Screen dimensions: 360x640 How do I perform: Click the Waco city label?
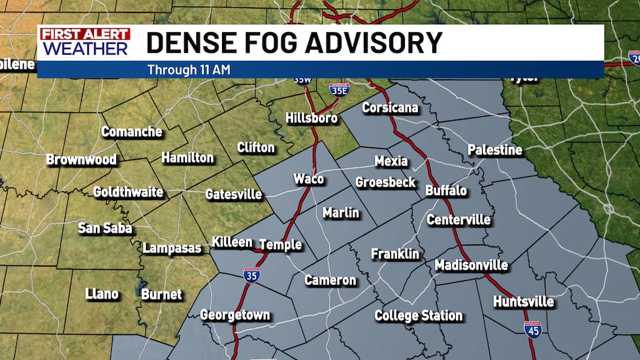coord(309,179)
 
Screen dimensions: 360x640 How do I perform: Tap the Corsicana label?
coord(390,108)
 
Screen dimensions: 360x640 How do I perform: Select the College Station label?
coord(418,316)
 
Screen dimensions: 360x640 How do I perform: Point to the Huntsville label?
coord(524,302)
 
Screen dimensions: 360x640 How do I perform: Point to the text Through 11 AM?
coord(189,69)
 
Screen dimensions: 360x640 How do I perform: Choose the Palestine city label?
coord(495,150)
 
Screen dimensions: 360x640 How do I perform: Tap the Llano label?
coord(102,294)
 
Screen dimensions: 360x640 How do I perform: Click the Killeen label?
coord(232,242)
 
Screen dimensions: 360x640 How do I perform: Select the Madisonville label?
coord(471,265)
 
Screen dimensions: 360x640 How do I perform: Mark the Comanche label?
coord(131,132)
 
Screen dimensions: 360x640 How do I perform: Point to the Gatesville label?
coord(233,194)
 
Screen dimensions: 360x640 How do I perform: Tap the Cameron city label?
coord(330,280)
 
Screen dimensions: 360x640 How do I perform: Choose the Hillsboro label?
coord(312,118)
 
